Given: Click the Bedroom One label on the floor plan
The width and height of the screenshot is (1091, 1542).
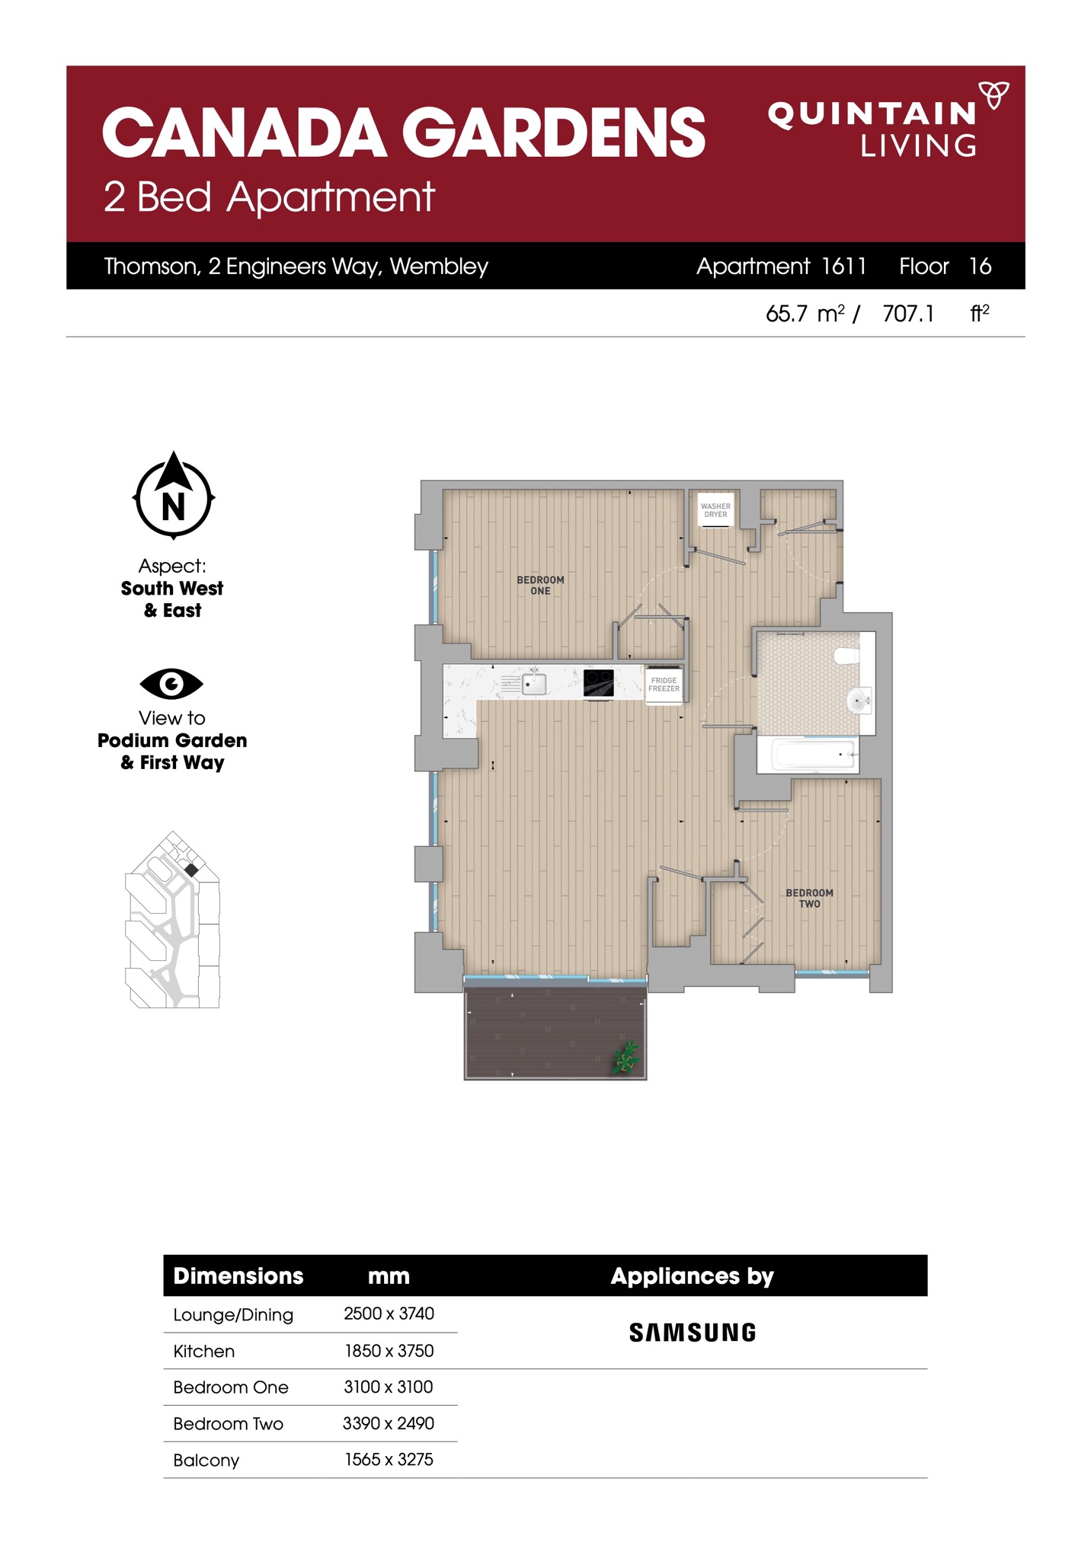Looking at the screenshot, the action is click(540, 585).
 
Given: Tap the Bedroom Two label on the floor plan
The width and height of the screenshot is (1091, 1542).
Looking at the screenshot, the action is click(809, 898).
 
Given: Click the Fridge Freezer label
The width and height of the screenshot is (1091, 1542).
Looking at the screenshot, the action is click(664, 685).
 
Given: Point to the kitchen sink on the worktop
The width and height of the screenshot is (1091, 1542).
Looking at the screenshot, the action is click(533, 683).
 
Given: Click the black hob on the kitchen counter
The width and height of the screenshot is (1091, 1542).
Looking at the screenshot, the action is click(598, 682).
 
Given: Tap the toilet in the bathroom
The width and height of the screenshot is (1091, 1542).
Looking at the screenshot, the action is click(846, 655).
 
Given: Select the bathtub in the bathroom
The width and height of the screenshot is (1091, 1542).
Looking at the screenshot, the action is click(814, 755).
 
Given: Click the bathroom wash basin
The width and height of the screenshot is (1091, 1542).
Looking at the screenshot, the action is click(858, 701).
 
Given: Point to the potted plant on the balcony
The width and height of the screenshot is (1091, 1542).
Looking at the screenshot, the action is click(626, 1057).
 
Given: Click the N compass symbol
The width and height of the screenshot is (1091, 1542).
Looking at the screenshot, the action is click(174, 495).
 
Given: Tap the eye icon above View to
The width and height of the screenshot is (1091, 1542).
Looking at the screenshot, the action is click(171, 684).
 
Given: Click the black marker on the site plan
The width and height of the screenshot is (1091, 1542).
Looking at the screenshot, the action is click(191, 870).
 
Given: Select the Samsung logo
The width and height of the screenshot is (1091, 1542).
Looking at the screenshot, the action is click(693, 1332).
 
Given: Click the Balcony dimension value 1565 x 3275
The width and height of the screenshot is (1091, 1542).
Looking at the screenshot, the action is click(389, 1459).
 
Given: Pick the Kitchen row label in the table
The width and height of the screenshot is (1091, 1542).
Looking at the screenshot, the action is click(203, 1351).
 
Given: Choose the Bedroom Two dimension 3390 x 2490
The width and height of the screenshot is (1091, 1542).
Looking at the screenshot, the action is click(389, 1423).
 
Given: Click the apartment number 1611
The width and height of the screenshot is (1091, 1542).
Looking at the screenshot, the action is click(843, 266).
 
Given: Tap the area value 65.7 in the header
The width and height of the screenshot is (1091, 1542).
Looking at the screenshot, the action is click(785, 314).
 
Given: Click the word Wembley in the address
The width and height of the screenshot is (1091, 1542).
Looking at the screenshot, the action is click(439, 267).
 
